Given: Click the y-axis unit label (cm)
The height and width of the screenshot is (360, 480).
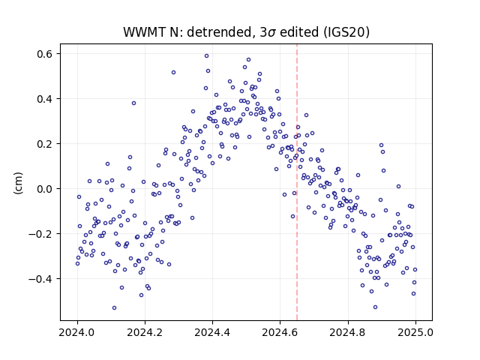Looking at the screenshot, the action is [x=18, y=183].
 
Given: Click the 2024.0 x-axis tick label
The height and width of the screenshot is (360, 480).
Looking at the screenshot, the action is [x=77, y=331].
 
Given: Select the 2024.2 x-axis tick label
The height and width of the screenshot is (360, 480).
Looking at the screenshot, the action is [x=145, y=331].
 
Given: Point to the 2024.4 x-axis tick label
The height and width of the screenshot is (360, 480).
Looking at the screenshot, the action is [x=212, y=331].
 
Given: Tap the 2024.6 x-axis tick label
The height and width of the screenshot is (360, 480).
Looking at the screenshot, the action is [x=280, y=331].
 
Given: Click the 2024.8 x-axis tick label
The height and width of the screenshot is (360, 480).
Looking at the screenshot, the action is [x=348, y=331].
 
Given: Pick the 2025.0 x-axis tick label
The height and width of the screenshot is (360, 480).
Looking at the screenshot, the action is [x=415, y=331].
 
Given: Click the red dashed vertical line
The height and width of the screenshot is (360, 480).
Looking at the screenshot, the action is [x=297, y=182].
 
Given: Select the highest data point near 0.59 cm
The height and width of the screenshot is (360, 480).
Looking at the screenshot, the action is [x=207, y=56].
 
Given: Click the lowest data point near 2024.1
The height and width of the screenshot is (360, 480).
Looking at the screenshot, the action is [x=115, y=308].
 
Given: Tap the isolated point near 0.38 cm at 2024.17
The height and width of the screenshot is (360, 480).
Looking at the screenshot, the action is [x=133, y=103].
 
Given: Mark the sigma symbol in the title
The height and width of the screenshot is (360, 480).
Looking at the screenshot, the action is [x=271, y=33].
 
